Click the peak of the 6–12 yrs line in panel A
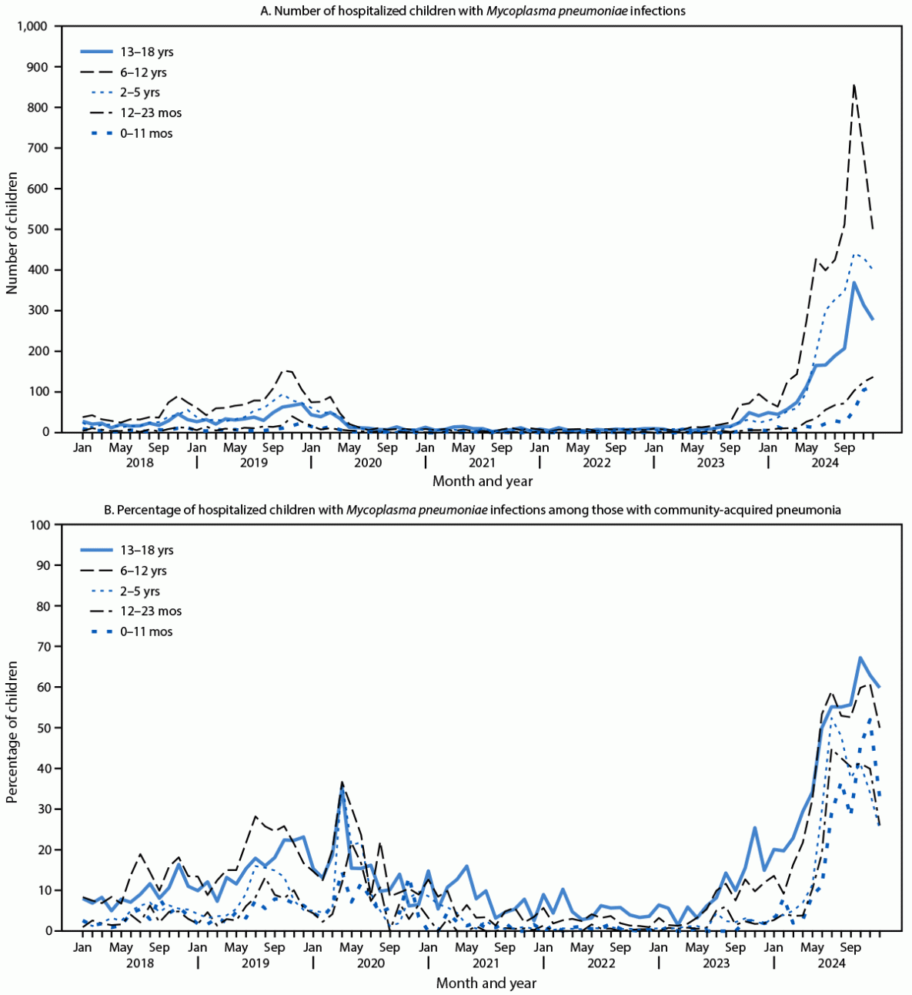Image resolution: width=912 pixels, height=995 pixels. tap(854, 85)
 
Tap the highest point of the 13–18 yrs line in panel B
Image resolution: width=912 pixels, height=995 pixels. tap(860, 658)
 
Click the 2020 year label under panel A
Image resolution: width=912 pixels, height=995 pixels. tap(367, 463)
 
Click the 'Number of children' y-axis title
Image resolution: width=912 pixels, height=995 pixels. tap(12, 229)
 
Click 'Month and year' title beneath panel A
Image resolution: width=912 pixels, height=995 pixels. tap(483, 481)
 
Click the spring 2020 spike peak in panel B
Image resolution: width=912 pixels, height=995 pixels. tap(342, 782)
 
